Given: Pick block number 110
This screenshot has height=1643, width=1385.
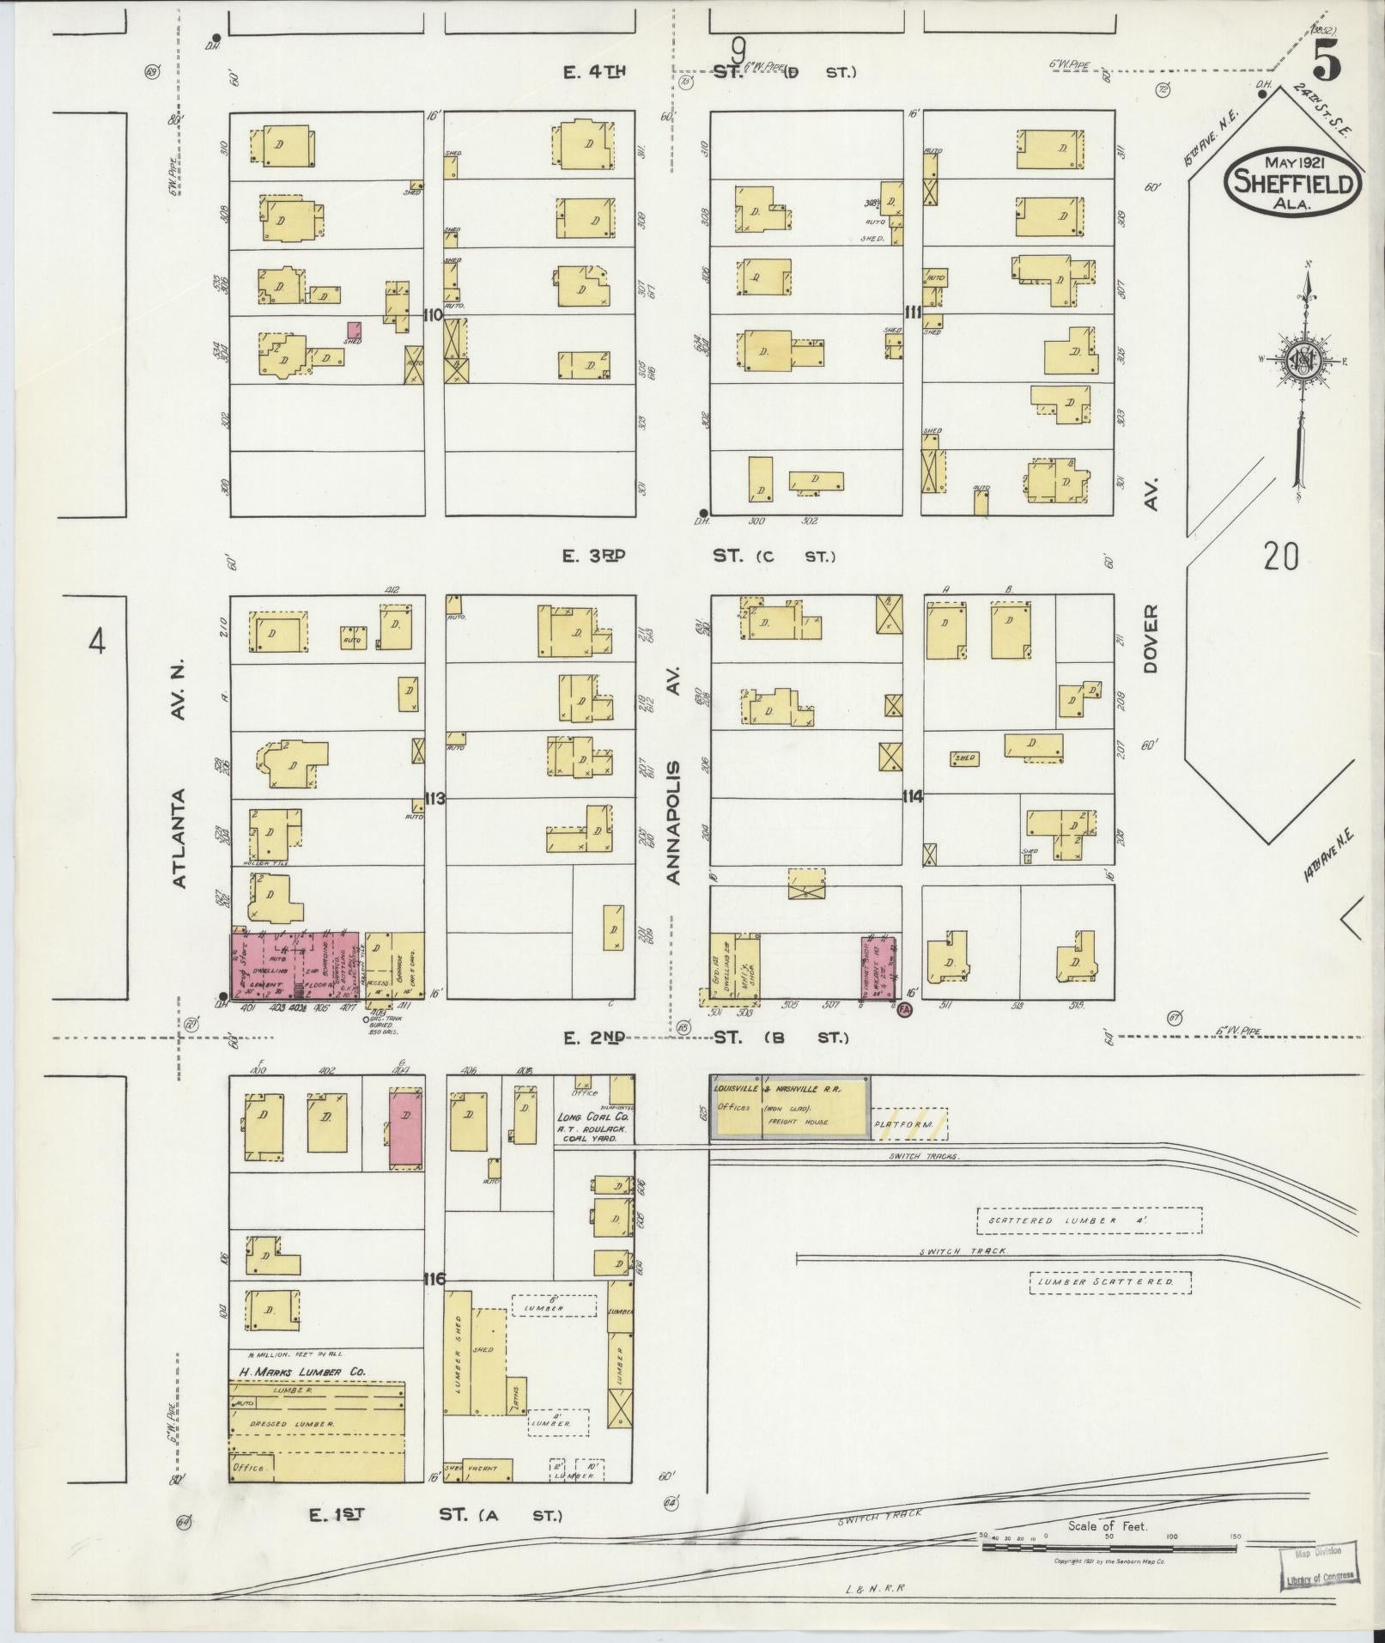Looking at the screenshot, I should (433, 315).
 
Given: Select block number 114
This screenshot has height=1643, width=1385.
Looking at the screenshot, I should (912, 797).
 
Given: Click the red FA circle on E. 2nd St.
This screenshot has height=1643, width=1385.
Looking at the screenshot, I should (902, 1011).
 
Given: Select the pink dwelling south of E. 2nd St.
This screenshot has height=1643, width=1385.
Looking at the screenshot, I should (406, 1126).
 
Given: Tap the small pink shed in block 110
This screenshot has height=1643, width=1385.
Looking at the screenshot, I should (354, 329).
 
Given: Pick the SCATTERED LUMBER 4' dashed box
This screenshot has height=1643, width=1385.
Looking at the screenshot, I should (1089, 1220).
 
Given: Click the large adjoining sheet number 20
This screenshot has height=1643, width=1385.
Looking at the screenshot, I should (1280, 557).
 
